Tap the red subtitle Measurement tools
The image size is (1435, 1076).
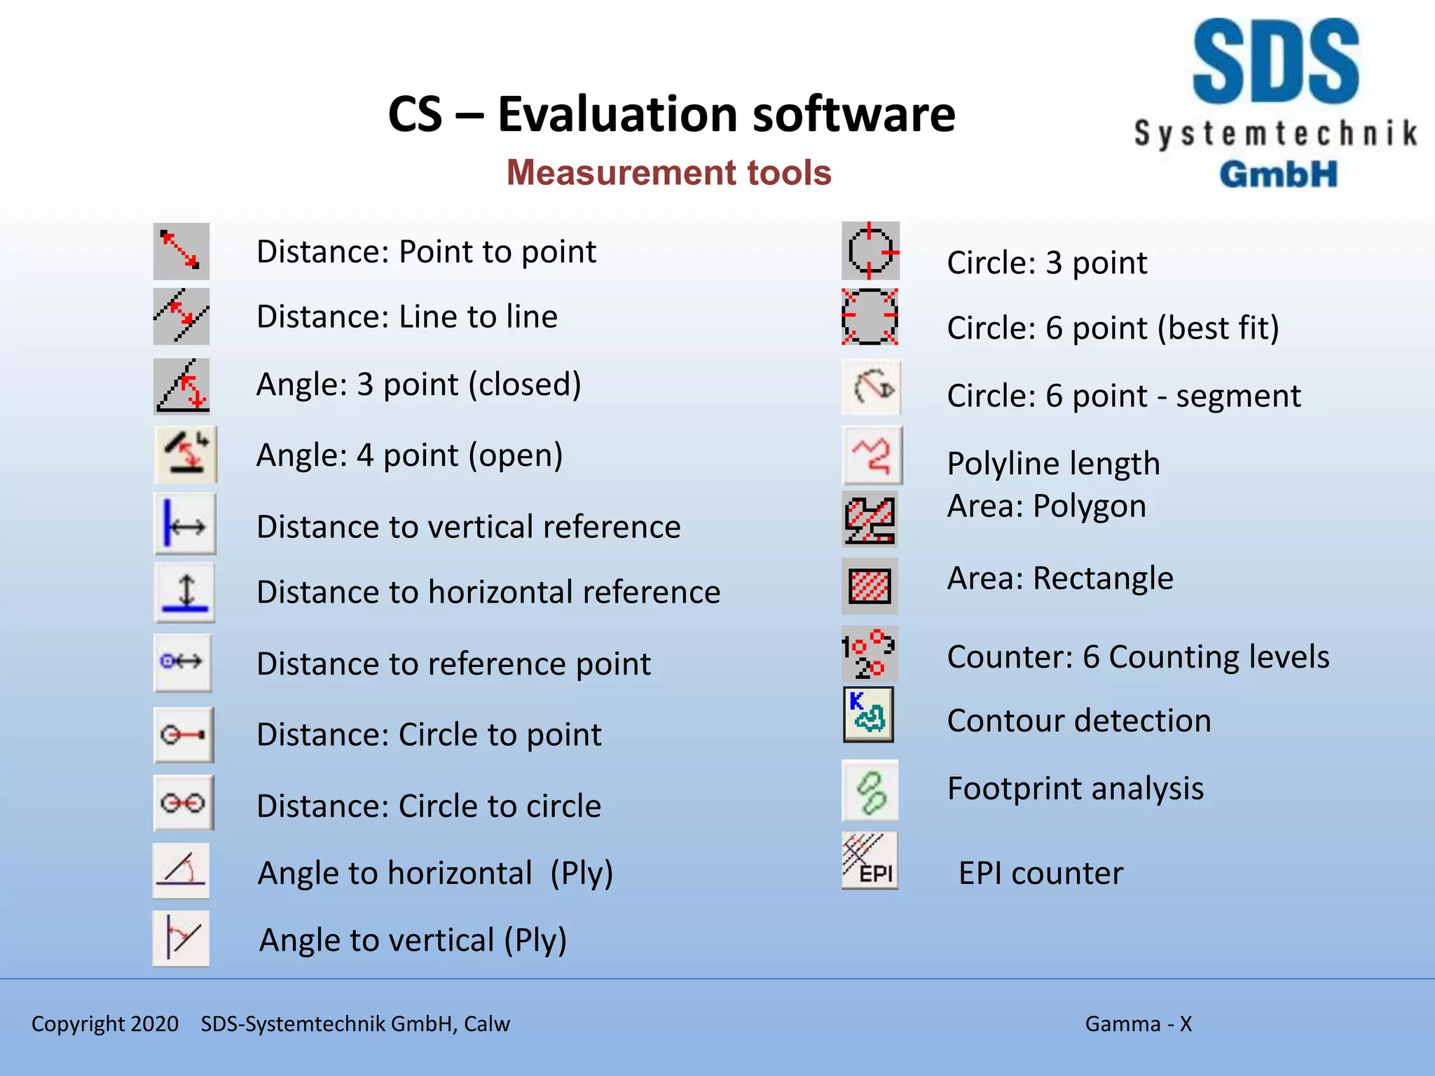[668, 172]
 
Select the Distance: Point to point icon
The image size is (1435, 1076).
[181, 251]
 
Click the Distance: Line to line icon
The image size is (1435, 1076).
[181, 316]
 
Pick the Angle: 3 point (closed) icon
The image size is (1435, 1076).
[181, 386]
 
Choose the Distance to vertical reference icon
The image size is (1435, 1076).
[184, 524]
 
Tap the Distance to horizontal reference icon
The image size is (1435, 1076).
[184, 593]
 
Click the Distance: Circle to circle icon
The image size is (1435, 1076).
[183, 803]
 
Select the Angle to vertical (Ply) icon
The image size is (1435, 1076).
[181, 938]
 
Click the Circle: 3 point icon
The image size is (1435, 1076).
[870, 251]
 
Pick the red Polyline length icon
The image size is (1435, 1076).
[872, 456]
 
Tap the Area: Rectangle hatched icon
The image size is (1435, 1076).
[870, 586]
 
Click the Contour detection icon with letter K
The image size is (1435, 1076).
[868, 715]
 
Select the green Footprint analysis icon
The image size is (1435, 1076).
[870, 791]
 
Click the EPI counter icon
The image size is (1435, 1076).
[870, 860]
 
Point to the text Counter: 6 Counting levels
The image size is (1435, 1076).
[1137, 657]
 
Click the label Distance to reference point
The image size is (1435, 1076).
[453, 664]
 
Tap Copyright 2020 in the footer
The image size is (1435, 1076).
[105, 1023]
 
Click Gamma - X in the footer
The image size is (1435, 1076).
[1138, 1023]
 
